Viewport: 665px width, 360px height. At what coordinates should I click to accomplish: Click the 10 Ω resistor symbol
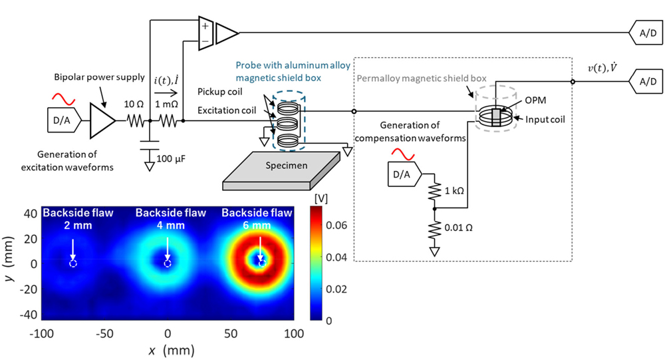click(136, 121)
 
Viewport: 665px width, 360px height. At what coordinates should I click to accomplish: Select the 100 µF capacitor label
click(171, 159)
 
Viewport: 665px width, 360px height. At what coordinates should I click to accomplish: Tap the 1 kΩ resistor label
click(454, 190)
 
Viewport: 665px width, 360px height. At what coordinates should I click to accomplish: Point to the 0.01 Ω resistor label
click(458, 228)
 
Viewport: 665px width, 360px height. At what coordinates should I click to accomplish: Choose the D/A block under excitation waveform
click(64, 120)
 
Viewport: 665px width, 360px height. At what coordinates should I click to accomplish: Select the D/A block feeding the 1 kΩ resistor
click(404, 174)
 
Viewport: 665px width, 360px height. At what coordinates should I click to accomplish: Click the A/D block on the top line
click(646, 33)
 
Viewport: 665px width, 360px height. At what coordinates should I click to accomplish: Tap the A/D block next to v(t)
click(646, 81)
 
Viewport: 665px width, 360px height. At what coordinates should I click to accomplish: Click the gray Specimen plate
click(281, 170)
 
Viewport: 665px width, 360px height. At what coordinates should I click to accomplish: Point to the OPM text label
click(535, 100)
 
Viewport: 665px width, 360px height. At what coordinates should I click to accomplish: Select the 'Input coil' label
click(545, 120)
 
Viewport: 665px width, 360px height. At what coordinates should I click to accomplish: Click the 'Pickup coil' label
click(219, 92)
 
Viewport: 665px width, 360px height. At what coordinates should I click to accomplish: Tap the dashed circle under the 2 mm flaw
click(73, 264)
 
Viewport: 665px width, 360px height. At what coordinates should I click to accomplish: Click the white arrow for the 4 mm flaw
click(168, 249)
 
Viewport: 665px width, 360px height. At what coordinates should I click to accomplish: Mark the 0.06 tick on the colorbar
click(336, 225)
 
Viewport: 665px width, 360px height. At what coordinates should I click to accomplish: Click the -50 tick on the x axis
click(104, 333)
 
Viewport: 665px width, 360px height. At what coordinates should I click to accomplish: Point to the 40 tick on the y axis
click(31, 214)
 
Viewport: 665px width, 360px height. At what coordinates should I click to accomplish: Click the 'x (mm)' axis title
click(172, 351)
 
